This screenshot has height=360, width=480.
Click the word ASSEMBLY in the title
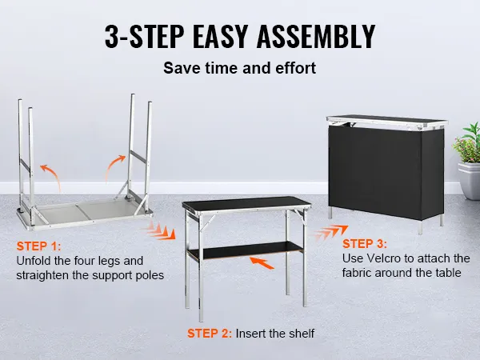pos(316,36)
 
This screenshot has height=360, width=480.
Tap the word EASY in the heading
pos(219,36)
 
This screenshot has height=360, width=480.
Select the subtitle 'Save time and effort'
pos(239,68)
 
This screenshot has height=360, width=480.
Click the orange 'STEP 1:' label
pos(39,246)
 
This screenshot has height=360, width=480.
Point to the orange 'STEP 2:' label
pos(210,334)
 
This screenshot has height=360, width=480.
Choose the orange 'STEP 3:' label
pos(365,244)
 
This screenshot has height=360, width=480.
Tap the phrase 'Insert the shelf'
pos(275,334)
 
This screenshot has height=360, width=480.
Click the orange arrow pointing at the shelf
pos(262,262)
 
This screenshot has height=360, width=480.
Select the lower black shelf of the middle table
pos(245,250)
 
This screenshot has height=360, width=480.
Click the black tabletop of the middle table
pos(246,202)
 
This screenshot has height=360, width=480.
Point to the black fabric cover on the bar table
pos(386,171)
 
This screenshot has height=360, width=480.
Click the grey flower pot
pos(470,181)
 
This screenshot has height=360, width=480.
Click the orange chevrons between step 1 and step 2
pos(161,230)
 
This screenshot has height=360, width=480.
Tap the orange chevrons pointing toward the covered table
pos(331,232)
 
